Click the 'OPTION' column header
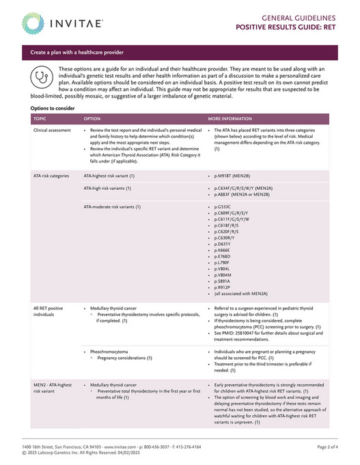(x=92, y=118)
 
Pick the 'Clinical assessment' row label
(x=52, y=129)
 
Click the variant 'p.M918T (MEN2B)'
(x=236, y=175)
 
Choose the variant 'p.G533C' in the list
(x=223, y=206)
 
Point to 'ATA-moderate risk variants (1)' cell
(x=112, y=206)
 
